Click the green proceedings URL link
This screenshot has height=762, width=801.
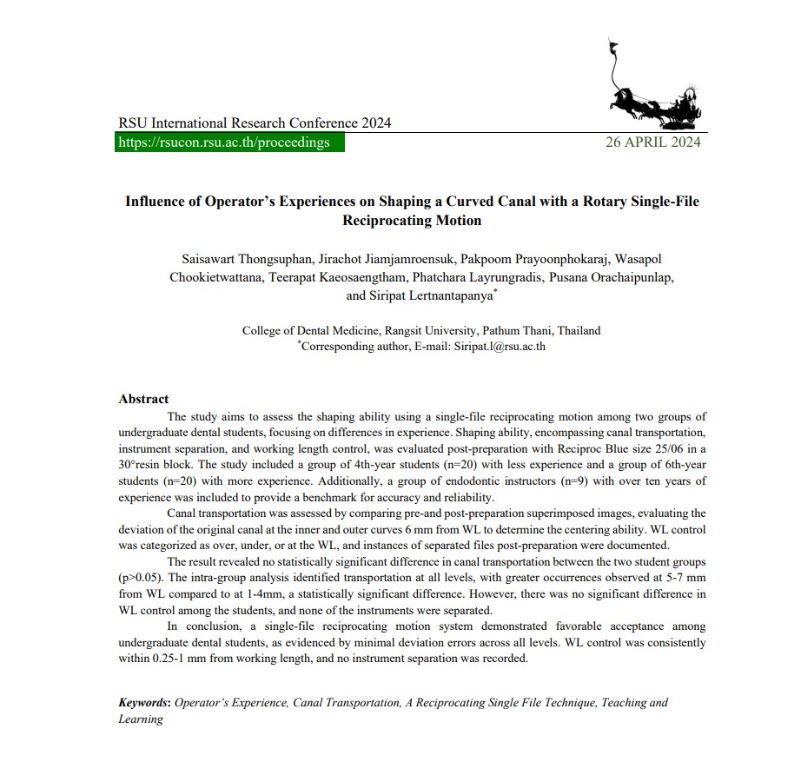pos(224,142)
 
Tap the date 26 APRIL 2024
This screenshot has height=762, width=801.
pos(652,142)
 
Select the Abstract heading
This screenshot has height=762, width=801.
pos(143,399)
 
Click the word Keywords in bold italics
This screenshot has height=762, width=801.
pos(144,702)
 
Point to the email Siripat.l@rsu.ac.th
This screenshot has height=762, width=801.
pos(499,346)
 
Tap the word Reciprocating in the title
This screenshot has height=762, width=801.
pos(386,220)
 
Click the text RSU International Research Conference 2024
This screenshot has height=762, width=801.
pos(255,123)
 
